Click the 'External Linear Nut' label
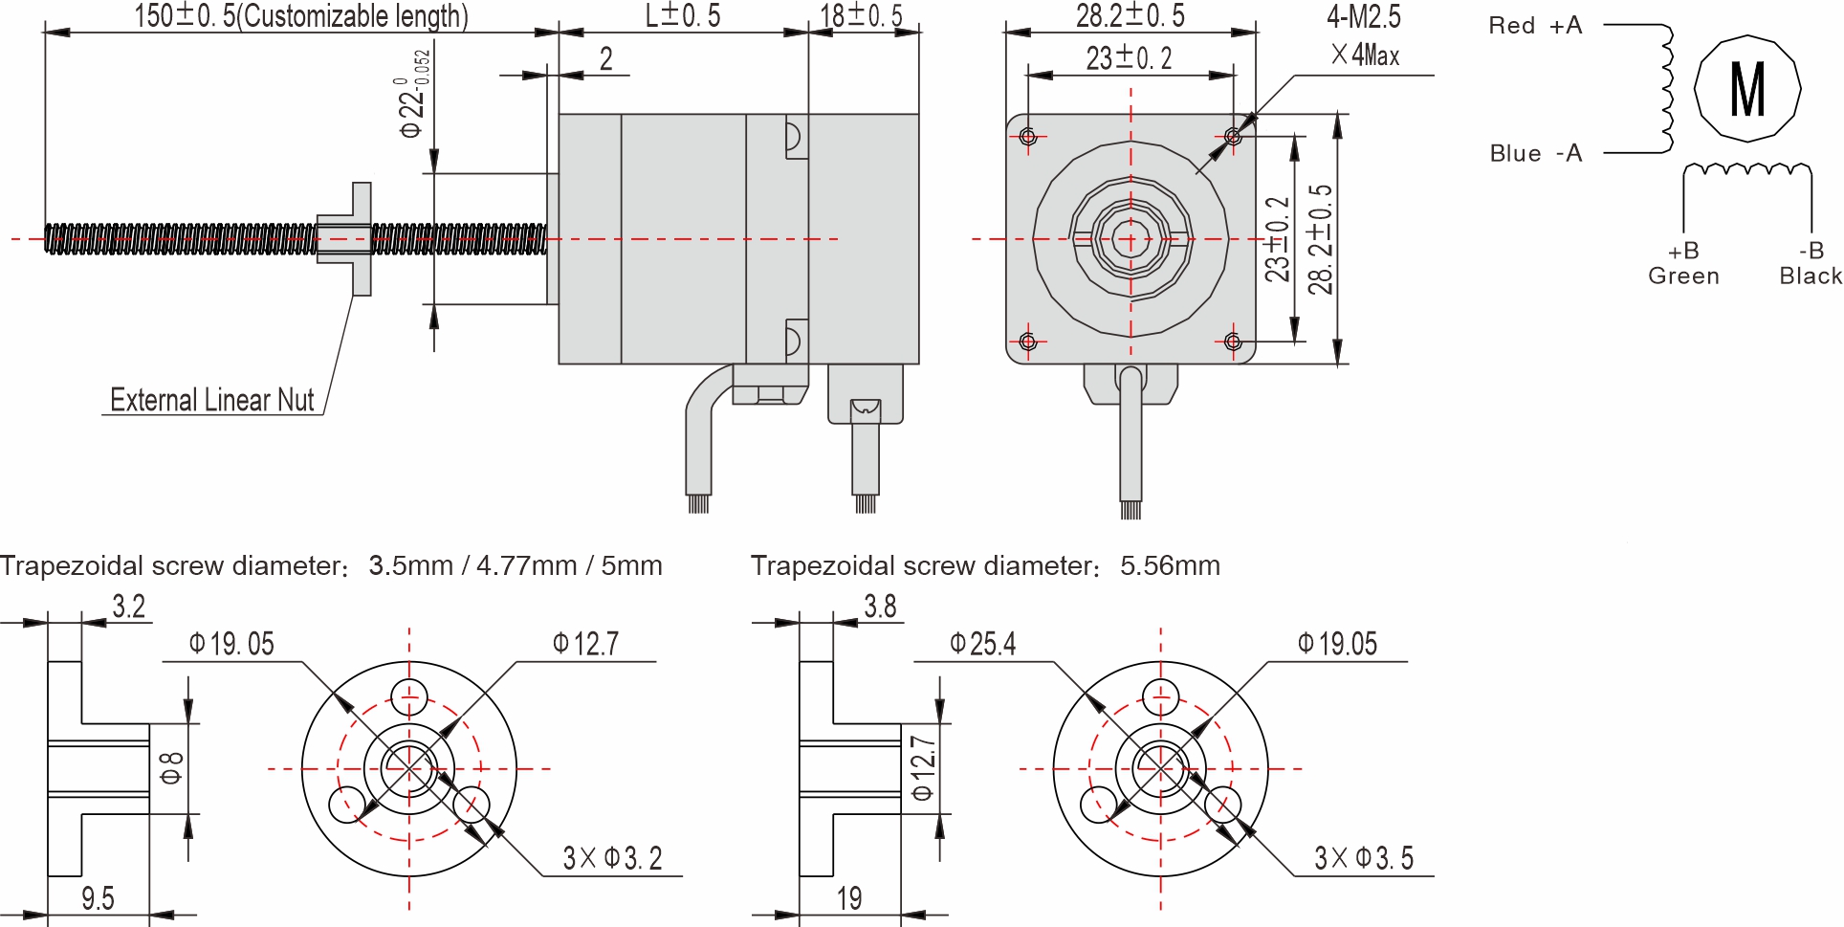211,400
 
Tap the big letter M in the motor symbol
1747,89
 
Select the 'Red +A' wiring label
1534,26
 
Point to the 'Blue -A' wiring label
1535,153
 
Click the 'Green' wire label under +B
1683,276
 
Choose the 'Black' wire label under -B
1810,276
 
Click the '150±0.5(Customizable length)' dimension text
300,15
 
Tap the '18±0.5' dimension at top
861,15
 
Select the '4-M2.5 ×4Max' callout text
1364,35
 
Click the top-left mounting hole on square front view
1028,137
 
